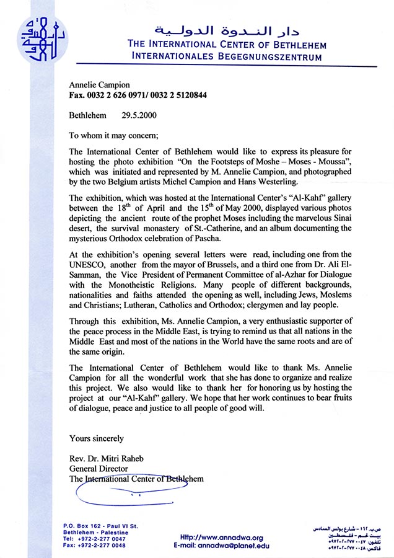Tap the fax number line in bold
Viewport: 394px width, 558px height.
coord(138,96)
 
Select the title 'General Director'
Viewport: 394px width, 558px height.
coord(98,469)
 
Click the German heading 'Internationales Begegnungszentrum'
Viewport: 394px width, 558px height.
coord(227,57)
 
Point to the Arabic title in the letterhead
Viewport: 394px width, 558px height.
coord(227,30)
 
